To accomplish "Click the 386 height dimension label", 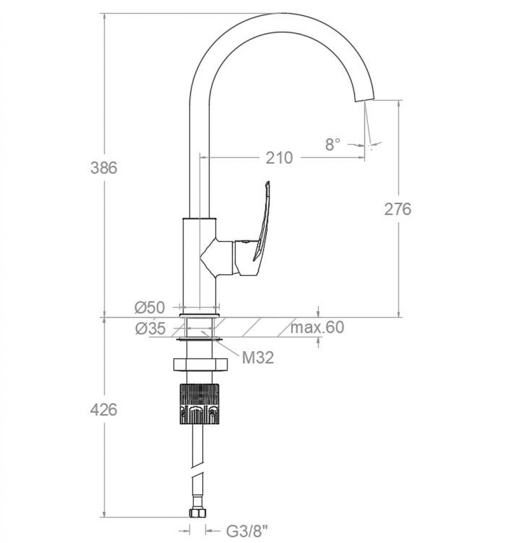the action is click(x=104, y=168).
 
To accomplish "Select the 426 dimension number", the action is click(x=104, y=409).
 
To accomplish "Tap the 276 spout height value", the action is click(x=398, y=209).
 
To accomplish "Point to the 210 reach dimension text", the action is click(x=280, y=158).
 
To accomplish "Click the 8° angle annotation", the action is click(x=333, y=144).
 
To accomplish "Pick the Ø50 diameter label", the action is click(x=150, y=308).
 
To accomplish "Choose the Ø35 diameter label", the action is click(x=151, y=329).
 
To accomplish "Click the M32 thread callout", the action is click(x=258, y=357).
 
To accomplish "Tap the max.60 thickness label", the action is click(x=317, y=327).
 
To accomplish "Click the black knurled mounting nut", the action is click(x=199, y=404).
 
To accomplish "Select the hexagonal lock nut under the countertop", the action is click(x=200, y=365).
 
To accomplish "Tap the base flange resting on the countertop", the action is click(x=199, y=315).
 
